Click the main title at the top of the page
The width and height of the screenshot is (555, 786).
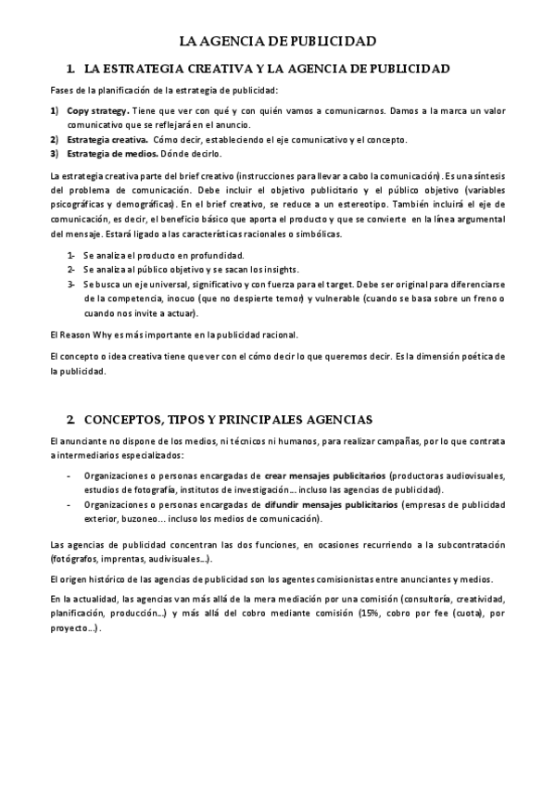tap(277, 42)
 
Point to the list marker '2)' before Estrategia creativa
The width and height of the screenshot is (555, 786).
tap(55, 139)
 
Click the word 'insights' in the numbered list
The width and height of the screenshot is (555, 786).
tap(274, 270)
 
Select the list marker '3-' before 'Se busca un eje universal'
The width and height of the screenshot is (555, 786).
tap(71, 284)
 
